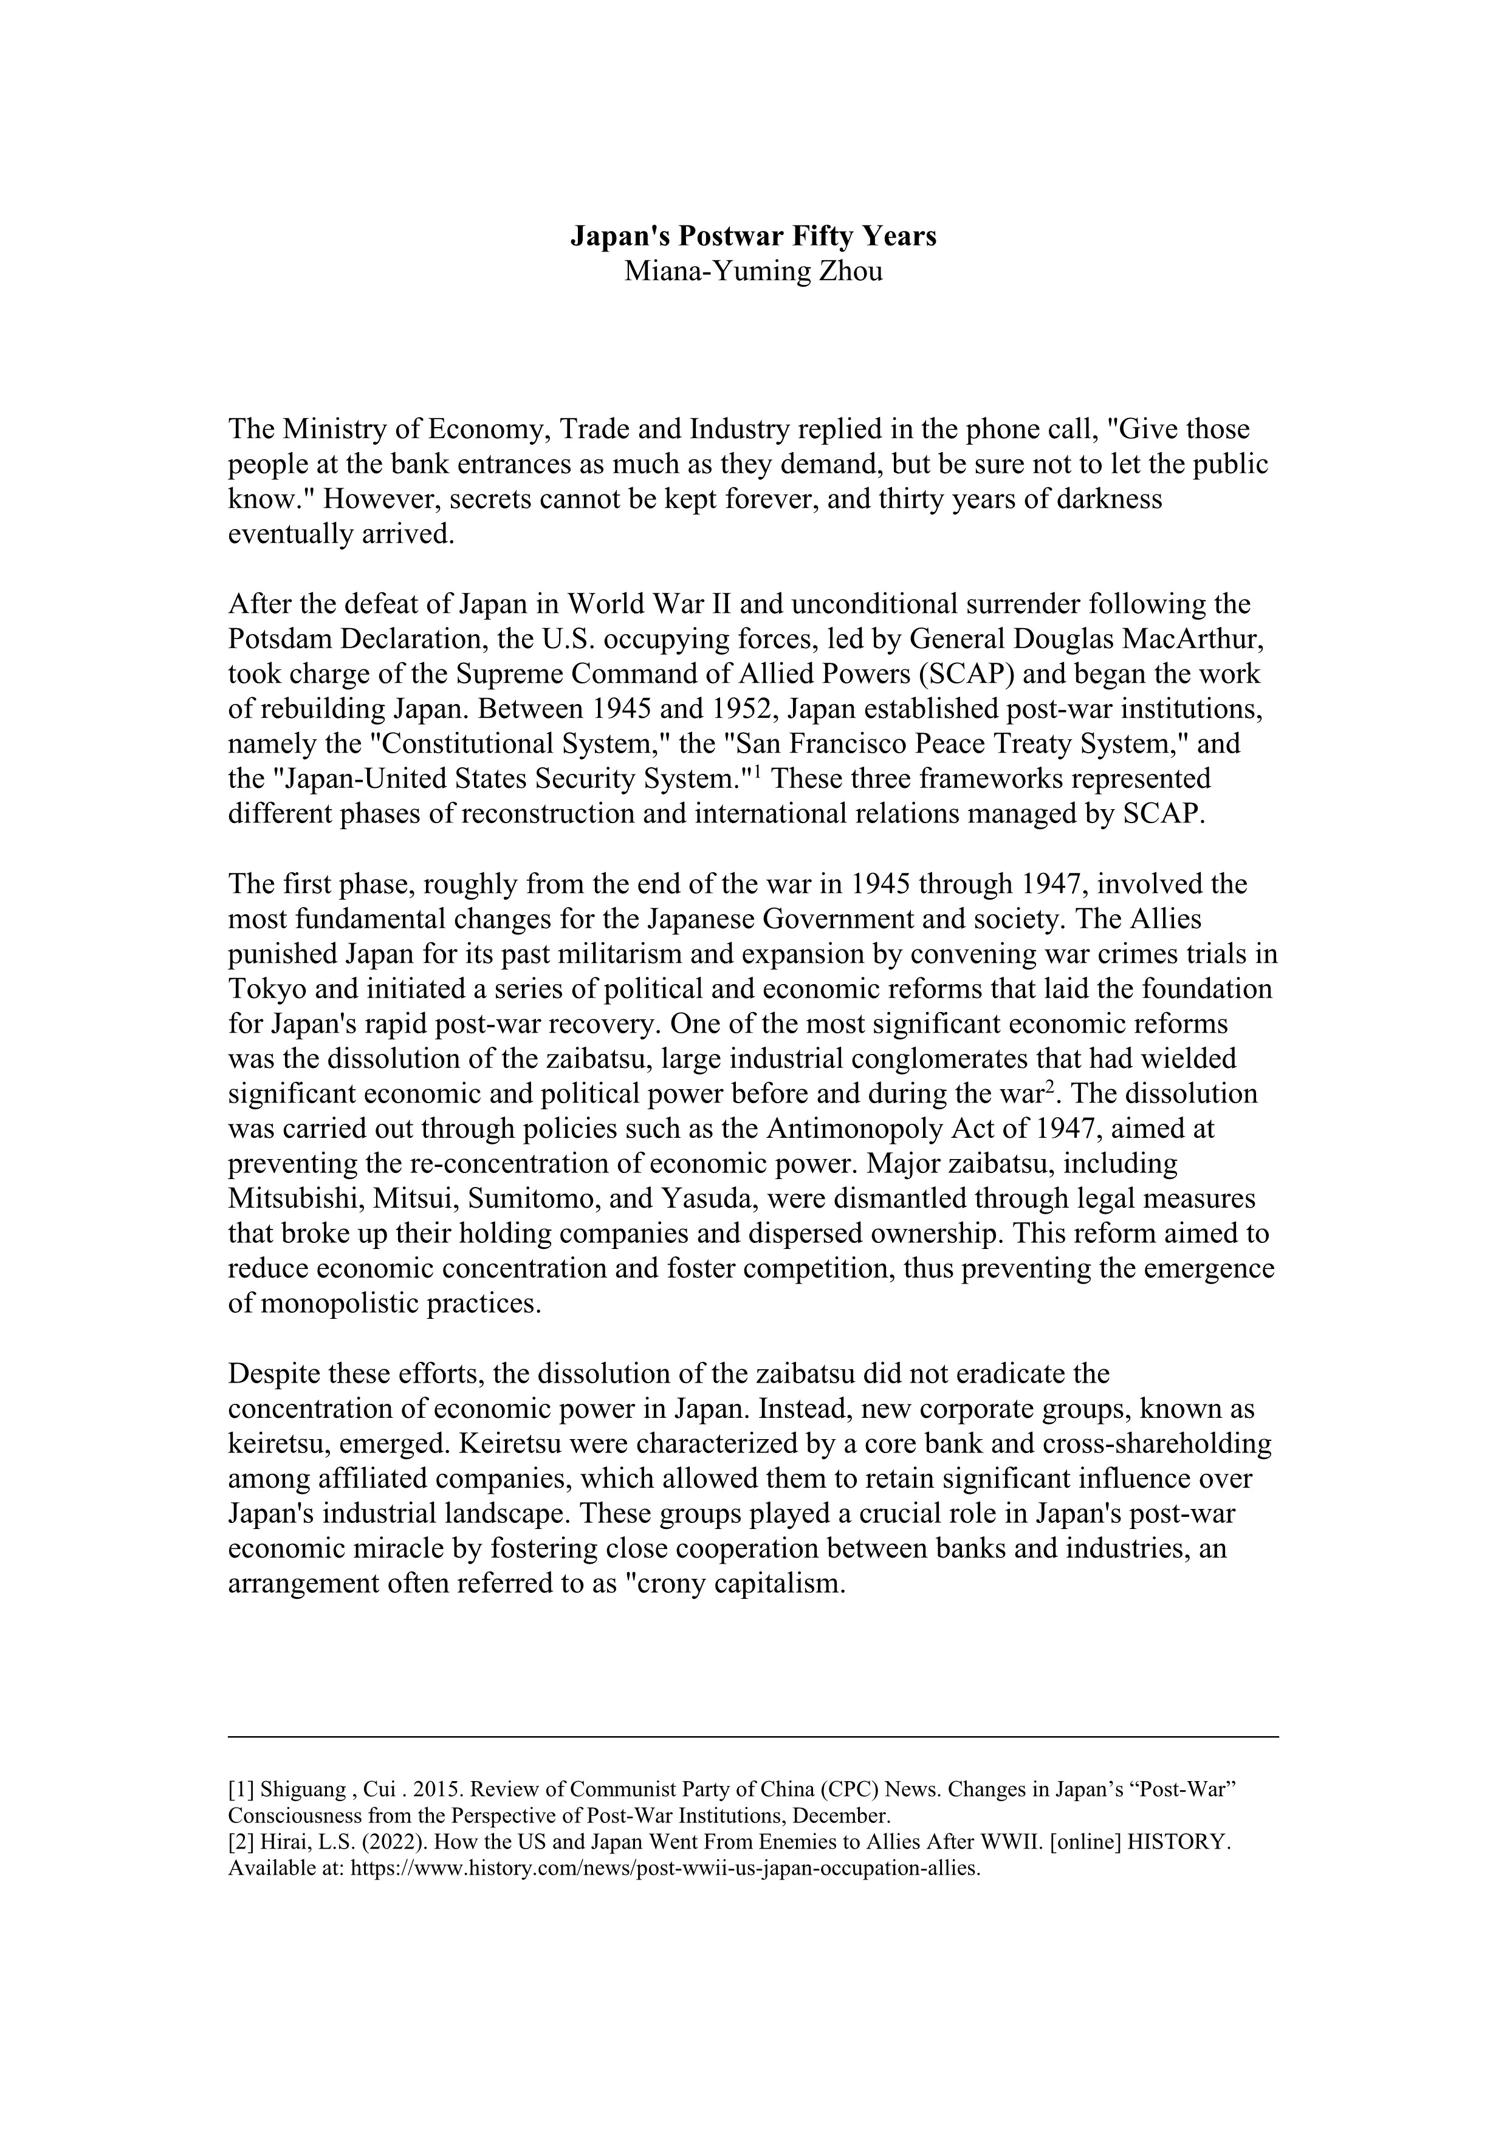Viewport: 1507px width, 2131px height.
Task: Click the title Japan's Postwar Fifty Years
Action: [753, 237]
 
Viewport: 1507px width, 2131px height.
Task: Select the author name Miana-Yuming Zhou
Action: [753, 272]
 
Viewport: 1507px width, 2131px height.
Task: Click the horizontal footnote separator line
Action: [753, 1736]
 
